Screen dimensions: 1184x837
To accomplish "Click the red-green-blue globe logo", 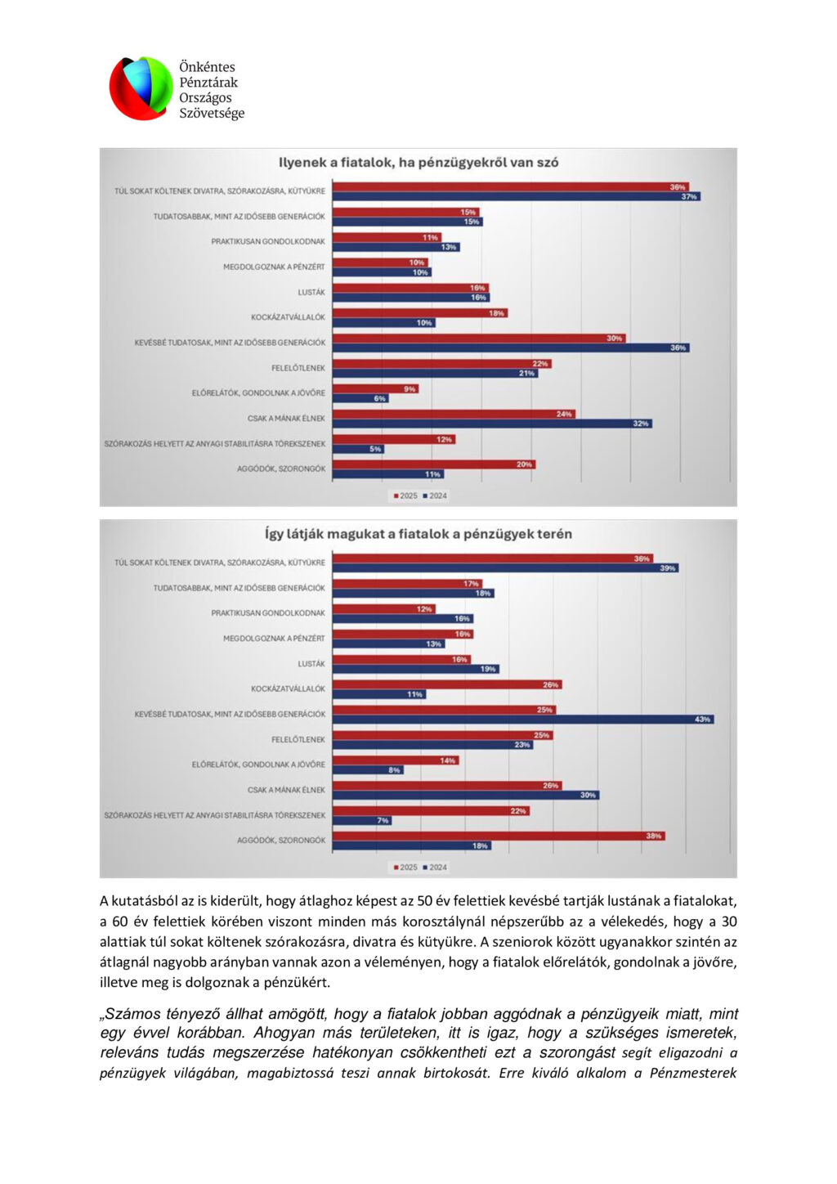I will tap(141, 88).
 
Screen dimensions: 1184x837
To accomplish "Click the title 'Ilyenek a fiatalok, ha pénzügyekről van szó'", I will tap(418, 163).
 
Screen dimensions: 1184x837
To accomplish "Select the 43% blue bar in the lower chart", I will tap(523, 720).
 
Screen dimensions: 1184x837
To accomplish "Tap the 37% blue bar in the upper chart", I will tap(516, 197).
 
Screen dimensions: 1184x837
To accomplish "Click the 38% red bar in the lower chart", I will tap(498, 836).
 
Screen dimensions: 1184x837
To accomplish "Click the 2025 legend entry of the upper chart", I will tap(405, 496).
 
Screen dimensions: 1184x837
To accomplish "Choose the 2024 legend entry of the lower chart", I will tap(435, 867).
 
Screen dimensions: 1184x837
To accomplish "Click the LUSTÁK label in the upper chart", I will tap(311, 292).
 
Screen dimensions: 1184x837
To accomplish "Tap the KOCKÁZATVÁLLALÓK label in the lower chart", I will tap(288, 688).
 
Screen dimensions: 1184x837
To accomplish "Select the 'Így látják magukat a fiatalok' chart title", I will tap(418, 534).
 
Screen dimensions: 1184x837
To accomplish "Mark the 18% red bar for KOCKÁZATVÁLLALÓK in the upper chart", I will tap(419, 313).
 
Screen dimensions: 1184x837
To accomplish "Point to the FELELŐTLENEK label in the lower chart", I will tap(298, 739).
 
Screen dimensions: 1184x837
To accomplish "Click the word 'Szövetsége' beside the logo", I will tap(212, 114).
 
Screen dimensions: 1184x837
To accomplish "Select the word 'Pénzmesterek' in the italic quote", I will tap(693, 1073).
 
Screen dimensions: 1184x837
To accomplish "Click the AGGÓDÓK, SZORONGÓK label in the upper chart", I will tap(281, 469).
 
